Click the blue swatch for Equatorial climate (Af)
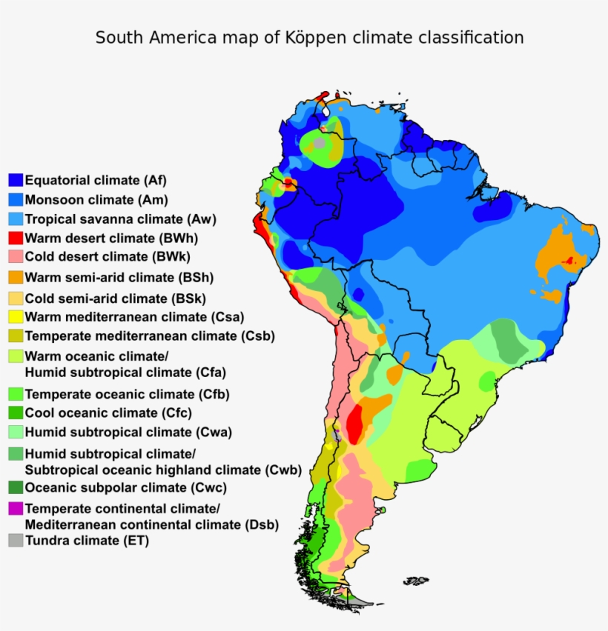click(16, 180)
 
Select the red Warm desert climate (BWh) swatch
click(16, 238)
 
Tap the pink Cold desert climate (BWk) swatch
click(16, 257)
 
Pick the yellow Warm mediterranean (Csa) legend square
click(16, 317)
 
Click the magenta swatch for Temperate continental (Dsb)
click(16, 509)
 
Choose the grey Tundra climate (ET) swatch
click(16, 541)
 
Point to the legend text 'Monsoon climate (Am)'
click(96, 200)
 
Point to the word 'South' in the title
click(118, 37)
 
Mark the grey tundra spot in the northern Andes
click(319, 142)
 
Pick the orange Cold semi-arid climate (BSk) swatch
click(16, 299)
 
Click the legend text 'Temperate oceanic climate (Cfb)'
click(127, 394)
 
